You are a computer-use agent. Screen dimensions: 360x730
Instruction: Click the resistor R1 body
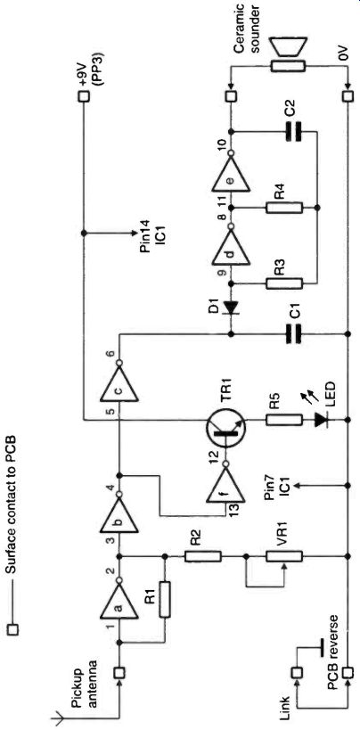click(164, 599)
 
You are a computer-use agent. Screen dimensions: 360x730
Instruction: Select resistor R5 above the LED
click(284, 420)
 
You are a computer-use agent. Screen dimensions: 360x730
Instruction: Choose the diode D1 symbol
click(231, 308)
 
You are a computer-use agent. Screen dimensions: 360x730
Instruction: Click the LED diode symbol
click(321, 420)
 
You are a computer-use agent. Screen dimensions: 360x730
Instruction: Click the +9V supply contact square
click(84, 97)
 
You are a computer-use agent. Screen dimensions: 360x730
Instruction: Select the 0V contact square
click(348, 97)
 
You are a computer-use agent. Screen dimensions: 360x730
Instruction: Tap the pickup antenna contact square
click(119, 672)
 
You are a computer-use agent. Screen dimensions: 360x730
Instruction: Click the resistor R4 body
click(284, 207)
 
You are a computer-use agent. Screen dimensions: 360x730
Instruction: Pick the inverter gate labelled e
click(231, 173)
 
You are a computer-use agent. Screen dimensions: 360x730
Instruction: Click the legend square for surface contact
click(14, 630)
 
